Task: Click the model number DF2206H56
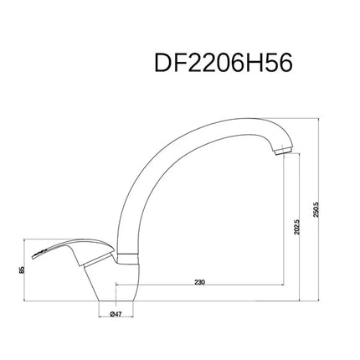coord(224,63)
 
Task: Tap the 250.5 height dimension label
coord(316,210)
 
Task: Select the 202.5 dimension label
coord(296,226)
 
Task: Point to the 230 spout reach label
coord(200,282)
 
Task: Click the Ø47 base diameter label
coord(116,314)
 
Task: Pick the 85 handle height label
coord(23,270)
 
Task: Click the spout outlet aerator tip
coord(284,151)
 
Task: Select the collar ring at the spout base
coord(127,258)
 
